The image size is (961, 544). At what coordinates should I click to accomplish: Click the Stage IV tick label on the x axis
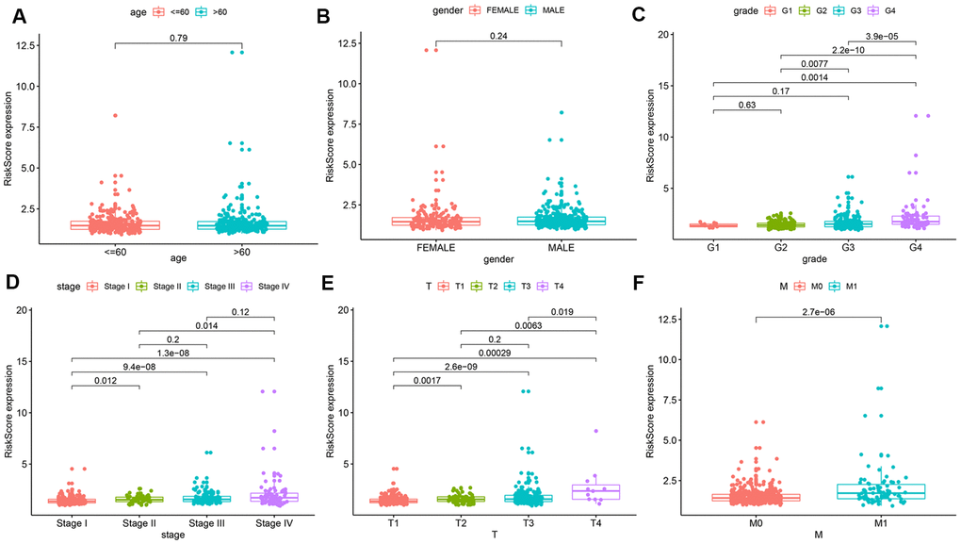point(274,522)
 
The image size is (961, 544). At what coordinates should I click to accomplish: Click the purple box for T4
point(596,491)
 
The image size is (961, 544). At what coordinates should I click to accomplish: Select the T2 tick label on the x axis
point(462,522)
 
